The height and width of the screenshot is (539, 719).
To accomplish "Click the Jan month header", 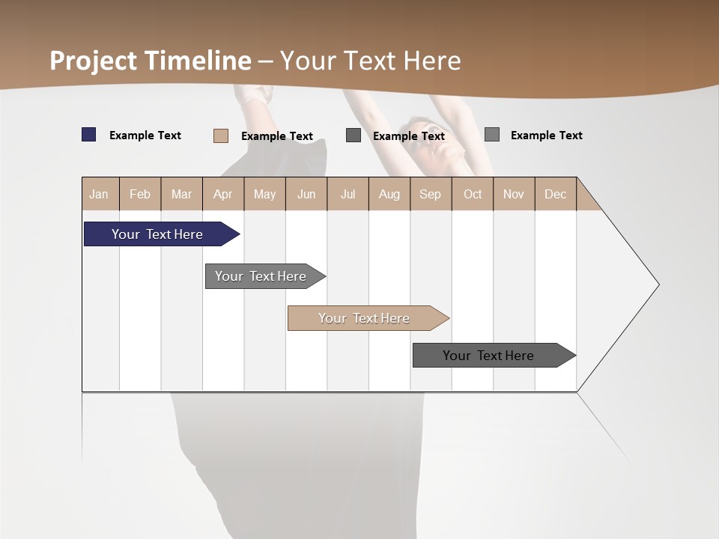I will point(99,194).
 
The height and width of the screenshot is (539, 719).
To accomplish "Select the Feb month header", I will point(140,194).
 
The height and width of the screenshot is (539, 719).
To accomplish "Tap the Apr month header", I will point(222,194).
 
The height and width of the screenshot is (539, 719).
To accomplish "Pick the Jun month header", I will point(306,194).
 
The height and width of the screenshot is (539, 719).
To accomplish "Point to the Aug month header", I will point(389,194).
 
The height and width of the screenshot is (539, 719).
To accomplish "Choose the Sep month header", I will point(430,194).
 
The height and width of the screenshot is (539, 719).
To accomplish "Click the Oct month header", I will point(473,194).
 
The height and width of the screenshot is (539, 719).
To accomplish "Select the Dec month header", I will point(555,194).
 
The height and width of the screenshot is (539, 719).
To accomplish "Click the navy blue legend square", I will point(89,135).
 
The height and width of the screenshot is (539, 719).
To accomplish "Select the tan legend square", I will point(221,135).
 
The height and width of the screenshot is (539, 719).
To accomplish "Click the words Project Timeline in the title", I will point(151,61).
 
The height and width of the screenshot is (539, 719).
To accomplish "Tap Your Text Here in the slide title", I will point(371,61).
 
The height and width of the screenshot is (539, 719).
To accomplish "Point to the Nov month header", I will point(514,194).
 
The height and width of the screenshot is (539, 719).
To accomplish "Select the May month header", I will point(264,194).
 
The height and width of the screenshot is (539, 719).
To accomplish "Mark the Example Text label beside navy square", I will point(145,135).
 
